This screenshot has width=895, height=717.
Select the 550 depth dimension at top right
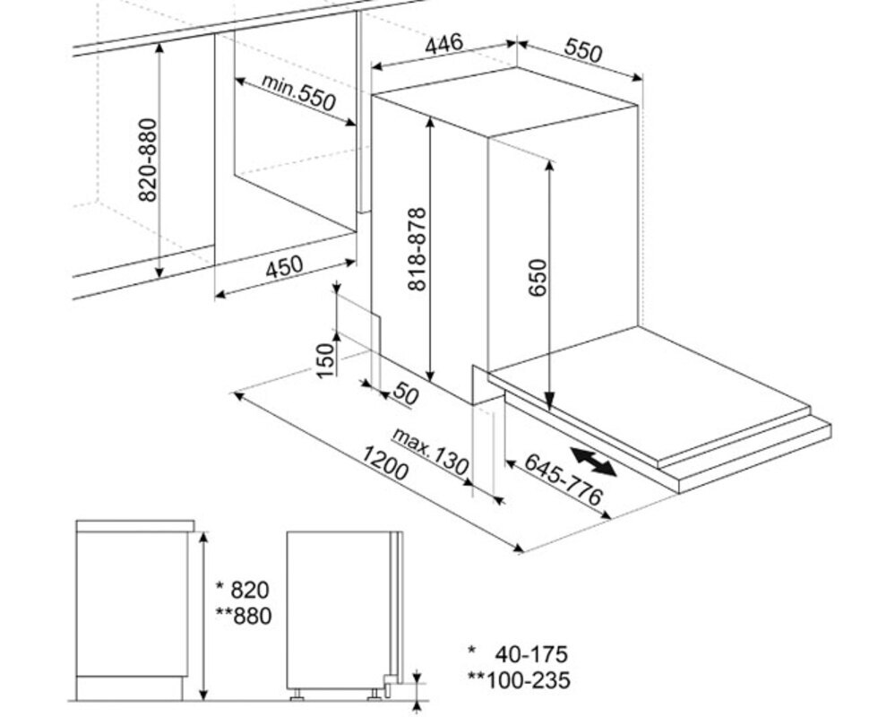click(x=582, y=49)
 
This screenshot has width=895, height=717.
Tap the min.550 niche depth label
click(x=298, y=91)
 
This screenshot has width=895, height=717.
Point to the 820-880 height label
click(x=147, y=160)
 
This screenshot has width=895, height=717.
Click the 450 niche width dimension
click(x=284, y=266)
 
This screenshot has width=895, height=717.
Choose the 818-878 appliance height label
click(x=417, y=249)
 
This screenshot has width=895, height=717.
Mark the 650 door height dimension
click(x=538, y=278)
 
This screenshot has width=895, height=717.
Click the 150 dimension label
click(x=325, y=359)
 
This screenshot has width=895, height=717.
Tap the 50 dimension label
click(x=406, y=393)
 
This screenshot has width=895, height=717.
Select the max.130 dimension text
click(x=430, y=451)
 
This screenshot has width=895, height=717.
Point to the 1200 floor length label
click(x=385, y=462)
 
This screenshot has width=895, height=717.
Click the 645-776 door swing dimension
click(x=564, y=479)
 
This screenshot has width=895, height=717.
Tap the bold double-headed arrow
click(x=593, y=462)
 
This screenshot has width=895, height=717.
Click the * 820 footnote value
click(x=242, y=589)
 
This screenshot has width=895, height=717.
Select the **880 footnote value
click(x=243, y=616)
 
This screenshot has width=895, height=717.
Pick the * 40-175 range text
click(x=518, y=653)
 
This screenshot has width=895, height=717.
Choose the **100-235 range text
click(x=519, y=680)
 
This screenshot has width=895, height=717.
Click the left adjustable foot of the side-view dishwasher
click(x=297, y=695)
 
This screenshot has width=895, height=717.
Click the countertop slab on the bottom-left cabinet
click(x=135, y=525)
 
